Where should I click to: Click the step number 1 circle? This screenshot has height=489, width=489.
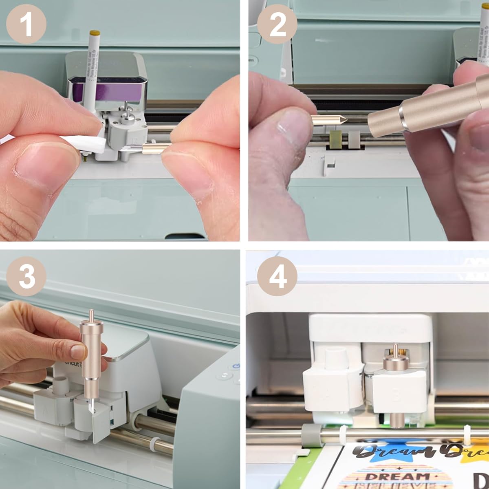tap(26, 24)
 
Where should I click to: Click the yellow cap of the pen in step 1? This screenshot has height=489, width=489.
tap(95, 32)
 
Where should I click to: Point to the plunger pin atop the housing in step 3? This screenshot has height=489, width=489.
tap(91, 315)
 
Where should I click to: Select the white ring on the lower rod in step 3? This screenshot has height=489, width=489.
tap(153, 443)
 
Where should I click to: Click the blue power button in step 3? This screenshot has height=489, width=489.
tap(235, 367)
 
